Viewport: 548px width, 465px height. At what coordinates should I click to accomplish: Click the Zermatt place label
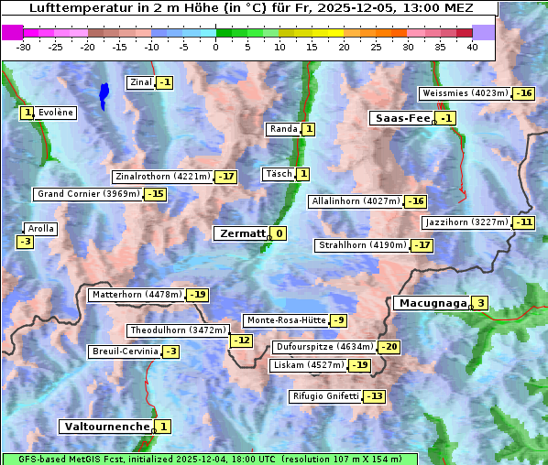click(x=240, y=233)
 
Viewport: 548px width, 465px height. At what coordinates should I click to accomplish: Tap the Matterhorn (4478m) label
click(x=136, y=295)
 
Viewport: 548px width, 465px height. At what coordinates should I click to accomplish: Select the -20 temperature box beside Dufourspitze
click(x=389, y=347)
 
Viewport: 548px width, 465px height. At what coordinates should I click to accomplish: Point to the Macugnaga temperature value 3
click(x=480, y=303)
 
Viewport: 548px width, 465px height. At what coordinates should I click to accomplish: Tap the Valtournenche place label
click(x=105, y=427)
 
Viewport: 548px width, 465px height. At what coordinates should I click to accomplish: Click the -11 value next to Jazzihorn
click(x=523, y=222)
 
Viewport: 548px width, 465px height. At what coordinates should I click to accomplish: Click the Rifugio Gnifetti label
click(x=325, y=396)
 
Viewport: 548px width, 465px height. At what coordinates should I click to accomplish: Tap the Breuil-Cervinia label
click(x=125, y=351)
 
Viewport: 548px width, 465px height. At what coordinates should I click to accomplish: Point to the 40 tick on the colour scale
click(x=472, y=46)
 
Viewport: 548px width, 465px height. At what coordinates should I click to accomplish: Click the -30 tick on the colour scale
click(x=24, y=46)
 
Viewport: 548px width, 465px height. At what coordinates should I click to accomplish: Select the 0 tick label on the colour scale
click(x=216, y=46)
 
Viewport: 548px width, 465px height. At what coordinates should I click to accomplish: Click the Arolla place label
click(x=41, y=229)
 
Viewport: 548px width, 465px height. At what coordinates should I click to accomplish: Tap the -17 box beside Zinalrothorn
click(x=225, y=177)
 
